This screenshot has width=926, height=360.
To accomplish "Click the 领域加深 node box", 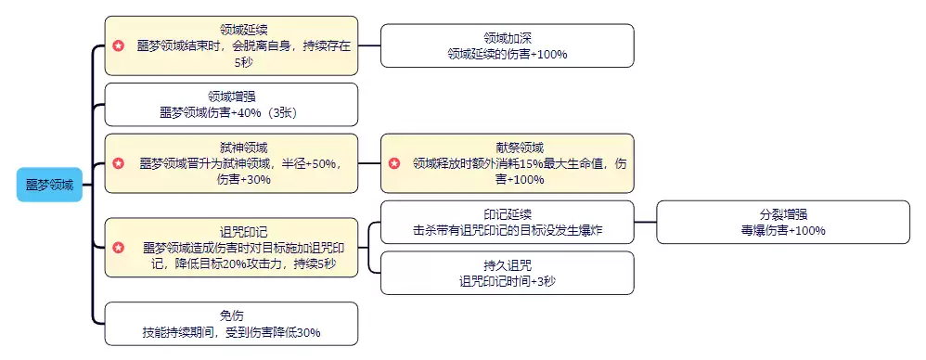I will [507, 45].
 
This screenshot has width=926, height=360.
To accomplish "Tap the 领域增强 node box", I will [231, 104].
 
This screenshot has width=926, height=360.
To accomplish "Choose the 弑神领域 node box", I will [231, 162].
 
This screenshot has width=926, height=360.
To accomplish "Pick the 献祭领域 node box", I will [507, 162].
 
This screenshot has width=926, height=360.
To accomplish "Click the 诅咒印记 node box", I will [231, 247].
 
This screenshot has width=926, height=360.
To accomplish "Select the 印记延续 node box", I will [507, 222].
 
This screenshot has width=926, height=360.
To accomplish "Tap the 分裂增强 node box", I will [783, 222].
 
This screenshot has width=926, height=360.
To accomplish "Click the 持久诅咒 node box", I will [507, 272].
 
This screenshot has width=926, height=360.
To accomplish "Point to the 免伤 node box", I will [231, 323].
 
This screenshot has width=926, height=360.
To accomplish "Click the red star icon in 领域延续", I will [118, 45].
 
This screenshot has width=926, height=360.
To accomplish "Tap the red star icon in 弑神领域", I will [118, 163].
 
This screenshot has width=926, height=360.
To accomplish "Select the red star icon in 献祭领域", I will [394, 163].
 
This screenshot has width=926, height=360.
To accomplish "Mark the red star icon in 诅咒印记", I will [118, 248].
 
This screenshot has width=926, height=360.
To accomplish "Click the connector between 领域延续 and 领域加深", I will [369, 45].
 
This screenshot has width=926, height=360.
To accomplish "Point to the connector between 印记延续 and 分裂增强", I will [646, 222].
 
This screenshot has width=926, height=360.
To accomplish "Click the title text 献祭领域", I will [507, 147].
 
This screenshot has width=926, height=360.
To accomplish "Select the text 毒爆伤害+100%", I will [783, 230].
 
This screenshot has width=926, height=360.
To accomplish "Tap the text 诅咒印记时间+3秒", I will [507, 280].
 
